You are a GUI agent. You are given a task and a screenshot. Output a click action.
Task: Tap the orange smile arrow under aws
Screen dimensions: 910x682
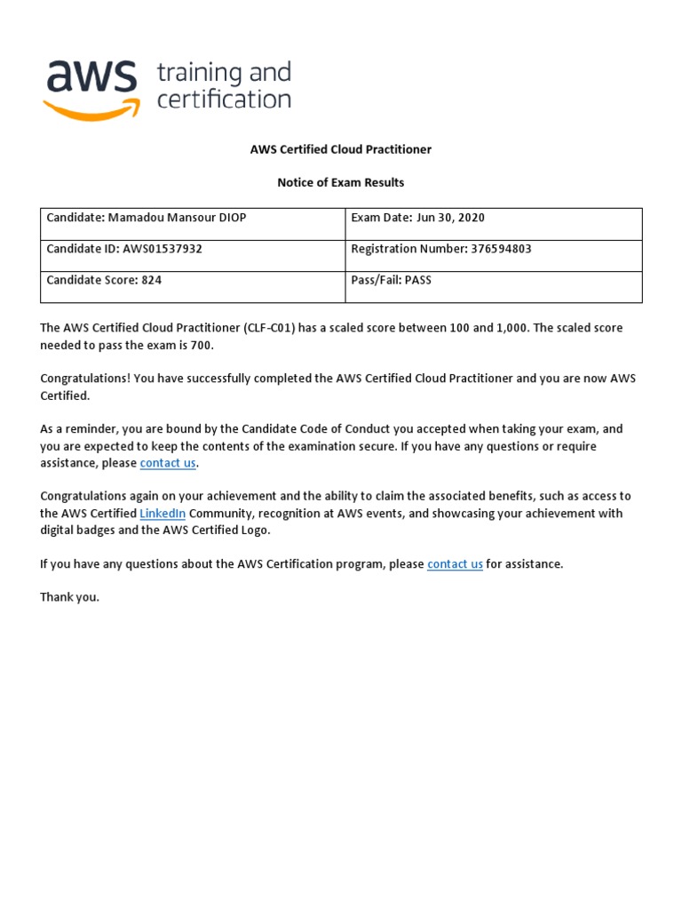pyautogui.click(x=91, y=109)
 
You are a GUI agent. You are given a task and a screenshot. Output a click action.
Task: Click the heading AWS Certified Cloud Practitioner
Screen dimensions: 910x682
pyautogui.click(x=340, y=149)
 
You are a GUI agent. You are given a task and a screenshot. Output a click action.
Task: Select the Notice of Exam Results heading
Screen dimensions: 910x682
pyautogui.click(x=340, y=182)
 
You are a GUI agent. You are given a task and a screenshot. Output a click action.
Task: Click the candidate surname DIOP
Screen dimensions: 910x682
pyautogui.click(x=231, y=218)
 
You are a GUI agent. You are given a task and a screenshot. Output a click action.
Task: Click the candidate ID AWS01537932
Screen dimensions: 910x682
pyautogui.click(x=163, y=249)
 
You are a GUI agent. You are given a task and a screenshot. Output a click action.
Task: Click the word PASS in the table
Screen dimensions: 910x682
pyautogui.click(x=418, y=280)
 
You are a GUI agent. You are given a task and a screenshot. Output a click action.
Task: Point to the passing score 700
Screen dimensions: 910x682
pyautogui.click(x=202, y=345)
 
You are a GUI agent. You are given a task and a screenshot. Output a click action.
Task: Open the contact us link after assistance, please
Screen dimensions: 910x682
pyautogui.click(x=168, y=463)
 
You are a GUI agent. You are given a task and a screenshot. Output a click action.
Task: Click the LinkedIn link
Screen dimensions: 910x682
pyautogui.click(x=163, y=514)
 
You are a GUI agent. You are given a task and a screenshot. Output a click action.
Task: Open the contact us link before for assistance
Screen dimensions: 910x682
pyautogui.click(x=455, y=564)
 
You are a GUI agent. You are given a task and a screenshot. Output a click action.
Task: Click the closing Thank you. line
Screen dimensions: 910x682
pyautogui.click(x=70, y=597)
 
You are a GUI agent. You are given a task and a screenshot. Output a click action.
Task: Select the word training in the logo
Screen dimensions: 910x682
pyautogui.click(x=199, y=73)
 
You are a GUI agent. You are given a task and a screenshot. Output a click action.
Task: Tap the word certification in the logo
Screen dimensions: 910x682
pyautogui.click(x=224, y=99)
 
